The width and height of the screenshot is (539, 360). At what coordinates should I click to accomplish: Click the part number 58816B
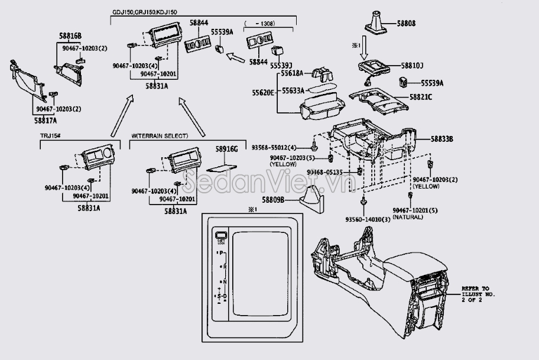click(x=70, y=36)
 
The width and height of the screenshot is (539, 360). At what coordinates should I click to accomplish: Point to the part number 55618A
click(x=291, y=73)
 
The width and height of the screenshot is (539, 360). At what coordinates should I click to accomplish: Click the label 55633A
click(x=293, y=90)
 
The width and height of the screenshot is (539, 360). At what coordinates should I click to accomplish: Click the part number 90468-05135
click(x=325, y=172)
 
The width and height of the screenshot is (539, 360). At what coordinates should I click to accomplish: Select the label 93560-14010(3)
click(x=367, y=219)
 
